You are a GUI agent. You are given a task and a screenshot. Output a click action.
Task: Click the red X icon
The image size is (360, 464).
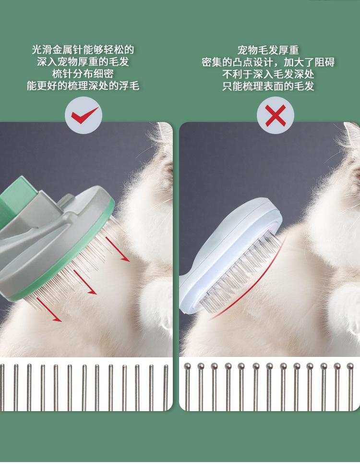[x=276, y=115]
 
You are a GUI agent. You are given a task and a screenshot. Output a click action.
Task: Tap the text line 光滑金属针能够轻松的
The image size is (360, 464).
[x=83, y=49]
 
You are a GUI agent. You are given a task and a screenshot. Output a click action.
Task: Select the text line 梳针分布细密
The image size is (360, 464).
[x=83, y=73]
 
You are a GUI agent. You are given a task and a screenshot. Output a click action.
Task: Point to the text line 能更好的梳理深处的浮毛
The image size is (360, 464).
[x=83, y=86]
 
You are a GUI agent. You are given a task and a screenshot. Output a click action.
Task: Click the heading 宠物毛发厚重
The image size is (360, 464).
[x=268, y=50]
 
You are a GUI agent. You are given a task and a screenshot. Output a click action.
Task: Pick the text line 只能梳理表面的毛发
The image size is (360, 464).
[x=268, y=86]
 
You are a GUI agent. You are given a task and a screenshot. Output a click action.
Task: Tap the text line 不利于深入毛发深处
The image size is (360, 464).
[x=268, y=74]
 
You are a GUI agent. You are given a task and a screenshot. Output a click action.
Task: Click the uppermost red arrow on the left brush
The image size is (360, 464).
[x=118, y=249]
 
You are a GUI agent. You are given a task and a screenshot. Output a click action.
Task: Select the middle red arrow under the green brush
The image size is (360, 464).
[x=85, y=282]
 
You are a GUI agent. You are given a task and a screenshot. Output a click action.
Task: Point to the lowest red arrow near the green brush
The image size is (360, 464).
[x=49, y=309]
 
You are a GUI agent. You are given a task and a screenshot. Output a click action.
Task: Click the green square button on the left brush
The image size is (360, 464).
[x=18, y=195]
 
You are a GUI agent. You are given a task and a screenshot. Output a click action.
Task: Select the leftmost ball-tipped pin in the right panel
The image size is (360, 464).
[x=187, y=387]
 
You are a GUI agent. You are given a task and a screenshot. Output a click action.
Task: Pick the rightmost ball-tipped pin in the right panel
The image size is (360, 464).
[x=350, y=387]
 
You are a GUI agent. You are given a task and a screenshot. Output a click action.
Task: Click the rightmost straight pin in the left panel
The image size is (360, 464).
[x=166, y=387]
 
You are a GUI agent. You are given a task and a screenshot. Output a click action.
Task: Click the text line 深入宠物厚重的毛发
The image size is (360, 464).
[x=83, y=61]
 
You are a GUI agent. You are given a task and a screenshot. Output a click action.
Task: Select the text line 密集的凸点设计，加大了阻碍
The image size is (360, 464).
[x=268, y=62]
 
